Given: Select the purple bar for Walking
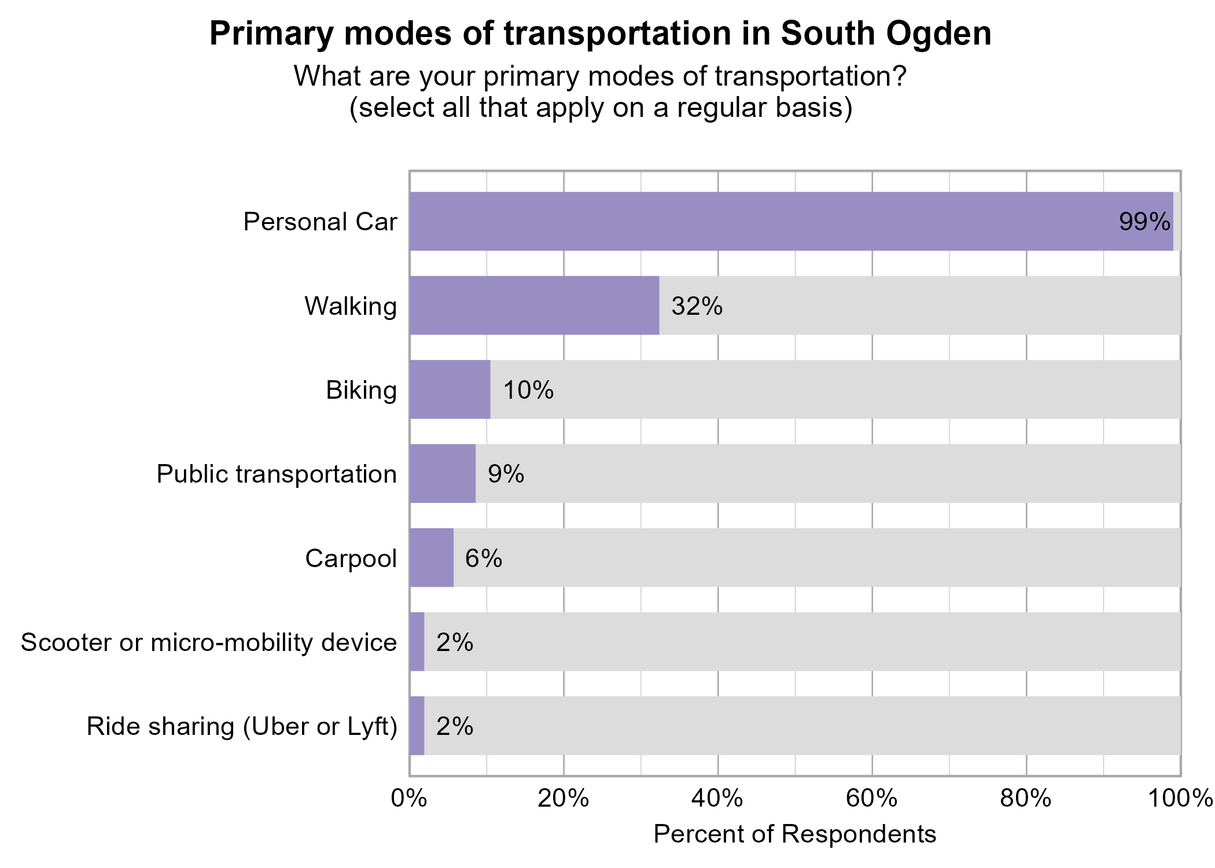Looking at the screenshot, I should coord(534,306).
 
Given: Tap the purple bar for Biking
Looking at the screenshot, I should coord(450,389).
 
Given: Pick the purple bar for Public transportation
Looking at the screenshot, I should coord(442,473).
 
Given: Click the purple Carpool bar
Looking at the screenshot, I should coord(431,558).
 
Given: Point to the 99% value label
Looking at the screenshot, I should coord(1144,222).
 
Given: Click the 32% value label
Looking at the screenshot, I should coord(697,306).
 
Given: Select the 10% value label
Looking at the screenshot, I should coord(528,391).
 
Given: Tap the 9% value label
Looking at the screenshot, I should coord(506,475).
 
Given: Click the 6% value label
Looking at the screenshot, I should coord(484,558).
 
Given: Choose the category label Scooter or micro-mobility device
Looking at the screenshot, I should coord(209,642).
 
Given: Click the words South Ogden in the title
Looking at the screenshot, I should coord(886,34).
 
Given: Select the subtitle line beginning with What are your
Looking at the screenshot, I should coord(600,76).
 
